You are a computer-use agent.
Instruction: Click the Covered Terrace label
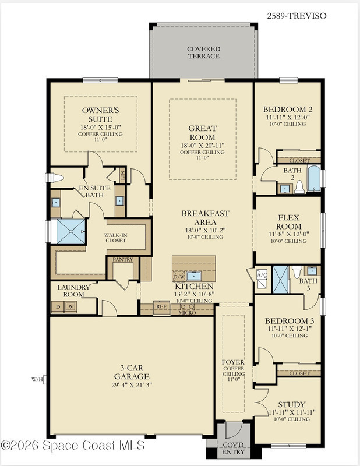[x=204, y=52]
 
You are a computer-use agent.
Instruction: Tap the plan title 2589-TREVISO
[x=297, y=16]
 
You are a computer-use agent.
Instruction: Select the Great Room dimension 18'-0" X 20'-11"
[x=203, y=146]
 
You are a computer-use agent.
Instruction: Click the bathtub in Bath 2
[x=314, y=179]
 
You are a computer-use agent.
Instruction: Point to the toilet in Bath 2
[x=299, y=187]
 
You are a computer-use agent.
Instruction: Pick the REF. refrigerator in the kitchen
[x=161, y=307]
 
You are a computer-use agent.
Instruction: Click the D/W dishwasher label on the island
[x=179, y=277]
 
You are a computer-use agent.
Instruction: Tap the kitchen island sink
[x=194, y=276]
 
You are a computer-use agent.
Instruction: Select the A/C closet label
[x=262, y=274]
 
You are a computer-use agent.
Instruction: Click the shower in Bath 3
[x=281, y=280]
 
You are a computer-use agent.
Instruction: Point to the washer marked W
[x=70, y=306]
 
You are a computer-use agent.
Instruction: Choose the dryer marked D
[x=58, y=306]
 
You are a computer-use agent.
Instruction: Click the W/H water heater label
[x=37, y=379]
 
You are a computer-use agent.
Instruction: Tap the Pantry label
[x=123, y=260]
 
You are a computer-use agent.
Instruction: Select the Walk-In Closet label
[x=116, y=238]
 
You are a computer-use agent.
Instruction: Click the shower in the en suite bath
[x=70, y=231]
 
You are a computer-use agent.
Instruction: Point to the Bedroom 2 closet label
[x=299, y=161]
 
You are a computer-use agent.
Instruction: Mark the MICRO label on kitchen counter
[x=188, y=313]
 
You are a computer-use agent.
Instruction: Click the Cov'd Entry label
[x=234, y=449]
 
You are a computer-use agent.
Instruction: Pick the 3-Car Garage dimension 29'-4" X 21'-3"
[x=132, y=385]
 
